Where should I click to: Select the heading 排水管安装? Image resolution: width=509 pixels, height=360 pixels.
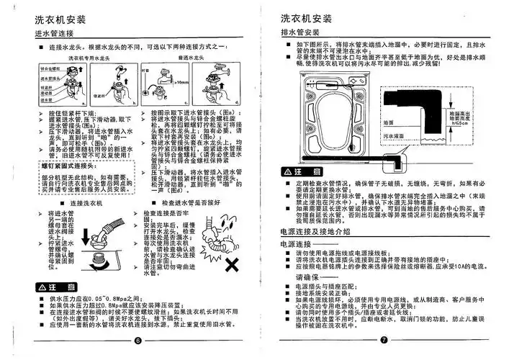coord(300,33)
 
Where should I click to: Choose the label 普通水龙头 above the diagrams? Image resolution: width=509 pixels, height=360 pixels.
coord(169,63)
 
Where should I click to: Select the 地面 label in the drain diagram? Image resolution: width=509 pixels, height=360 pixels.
coord(388,122)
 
